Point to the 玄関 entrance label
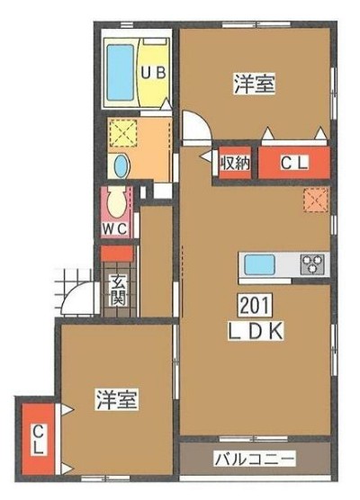coord(118,290)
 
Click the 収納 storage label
coord(234,164)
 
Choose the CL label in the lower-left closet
coord(39,441)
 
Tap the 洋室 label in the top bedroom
coord(255,84)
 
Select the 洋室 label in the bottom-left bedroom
coord(117,399)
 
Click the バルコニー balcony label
coord(255,459)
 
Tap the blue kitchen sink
coord(262,264)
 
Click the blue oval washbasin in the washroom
coord(121,165)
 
